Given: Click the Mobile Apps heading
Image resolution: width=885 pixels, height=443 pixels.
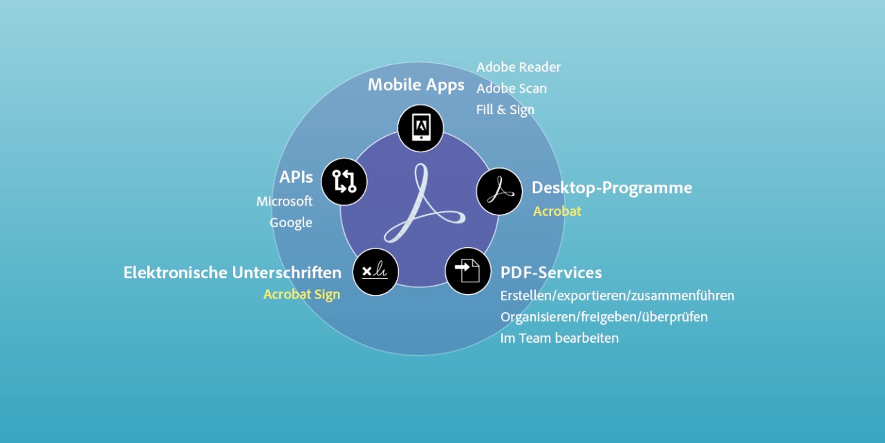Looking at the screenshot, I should coord(416,85).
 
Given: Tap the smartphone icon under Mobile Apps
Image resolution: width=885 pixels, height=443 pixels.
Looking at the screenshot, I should coord(420,127).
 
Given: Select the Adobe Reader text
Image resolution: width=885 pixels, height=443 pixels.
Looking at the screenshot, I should coord(518,67).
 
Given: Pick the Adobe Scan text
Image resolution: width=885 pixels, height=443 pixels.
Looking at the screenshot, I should coord(511,89).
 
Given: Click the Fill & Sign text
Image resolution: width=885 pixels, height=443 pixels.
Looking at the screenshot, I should coord(505,110).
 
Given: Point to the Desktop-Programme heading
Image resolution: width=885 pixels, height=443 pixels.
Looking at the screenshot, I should coord(611,188).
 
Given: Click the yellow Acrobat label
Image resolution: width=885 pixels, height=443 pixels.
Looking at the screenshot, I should coord(557,212).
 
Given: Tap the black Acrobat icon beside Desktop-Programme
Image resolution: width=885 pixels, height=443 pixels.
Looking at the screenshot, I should coord(499,191).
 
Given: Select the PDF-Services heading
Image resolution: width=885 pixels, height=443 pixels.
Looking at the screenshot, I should coord(550,273).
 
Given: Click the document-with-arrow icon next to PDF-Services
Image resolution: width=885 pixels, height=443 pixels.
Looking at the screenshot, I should coord(468,271).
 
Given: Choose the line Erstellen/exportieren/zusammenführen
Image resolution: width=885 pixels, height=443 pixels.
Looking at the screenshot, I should coord(617,296).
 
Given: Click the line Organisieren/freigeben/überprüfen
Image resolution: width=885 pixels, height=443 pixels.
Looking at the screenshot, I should coord(604,317).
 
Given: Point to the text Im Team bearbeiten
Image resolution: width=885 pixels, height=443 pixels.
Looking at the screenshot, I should coord(559,338).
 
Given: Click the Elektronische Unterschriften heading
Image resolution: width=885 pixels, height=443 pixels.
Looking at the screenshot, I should coord(232,273).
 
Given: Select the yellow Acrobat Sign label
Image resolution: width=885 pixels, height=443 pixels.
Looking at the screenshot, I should coord(301,295).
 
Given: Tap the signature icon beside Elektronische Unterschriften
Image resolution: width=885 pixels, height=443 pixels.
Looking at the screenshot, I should coord(375,272).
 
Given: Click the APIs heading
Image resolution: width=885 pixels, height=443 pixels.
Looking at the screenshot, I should coord(296,177).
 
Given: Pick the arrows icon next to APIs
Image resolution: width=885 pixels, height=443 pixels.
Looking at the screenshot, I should coord(344,181).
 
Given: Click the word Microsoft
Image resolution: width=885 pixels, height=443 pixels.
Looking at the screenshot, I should coord(284,201).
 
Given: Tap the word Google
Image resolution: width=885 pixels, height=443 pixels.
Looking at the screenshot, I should coord(290,223).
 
